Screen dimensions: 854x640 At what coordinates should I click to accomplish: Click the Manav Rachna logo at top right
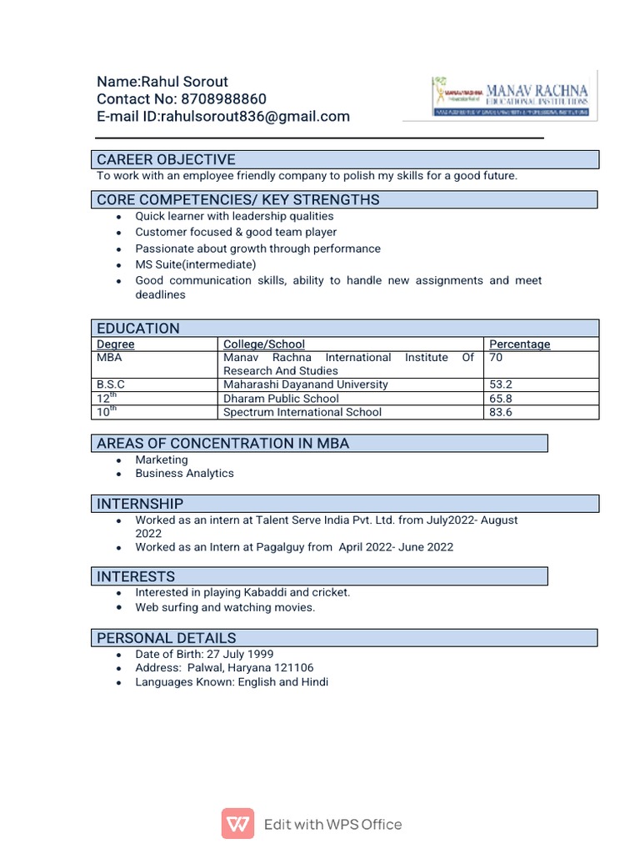510,96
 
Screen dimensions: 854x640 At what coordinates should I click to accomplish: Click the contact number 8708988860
223,99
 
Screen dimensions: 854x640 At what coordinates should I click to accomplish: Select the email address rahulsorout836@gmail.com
255,117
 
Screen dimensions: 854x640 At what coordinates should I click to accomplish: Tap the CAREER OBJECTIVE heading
166,159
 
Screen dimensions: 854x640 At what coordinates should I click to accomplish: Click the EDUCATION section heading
138,328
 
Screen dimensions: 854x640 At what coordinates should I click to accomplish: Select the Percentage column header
519,344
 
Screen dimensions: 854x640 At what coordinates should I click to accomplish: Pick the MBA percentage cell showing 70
497,358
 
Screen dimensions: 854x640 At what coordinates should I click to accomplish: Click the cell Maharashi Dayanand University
305,384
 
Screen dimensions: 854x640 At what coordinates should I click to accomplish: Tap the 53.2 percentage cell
500,384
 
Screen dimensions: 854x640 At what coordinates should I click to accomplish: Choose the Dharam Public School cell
281,399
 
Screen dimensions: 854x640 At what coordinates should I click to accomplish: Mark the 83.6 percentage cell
500,412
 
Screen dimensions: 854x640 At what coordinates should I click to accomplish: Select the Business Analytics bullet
184,473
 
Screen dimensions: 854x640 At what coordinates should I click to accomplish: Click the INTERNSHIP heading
140,504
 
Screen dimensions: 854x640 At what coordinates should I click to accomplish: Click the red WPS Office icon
237,825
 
